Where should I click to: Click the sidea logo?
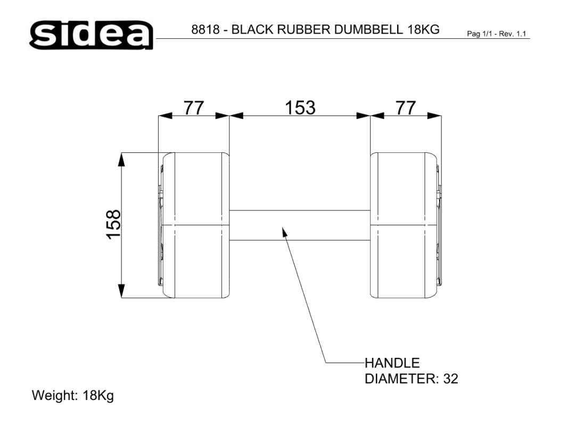click(x=91, y=35)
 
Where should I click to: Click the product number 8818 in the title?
click(x=205, y=29)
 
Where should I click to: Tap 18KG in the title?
click(x=423, y=29)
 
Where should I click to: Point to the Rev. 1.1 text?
click(x=512, y=34)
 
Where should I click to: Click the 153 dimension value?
click(x=300, y=108)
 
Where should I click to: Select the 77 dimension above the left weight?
click(x=194, y=108)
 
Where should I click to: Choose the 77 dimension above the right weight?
click(x=405, y=108)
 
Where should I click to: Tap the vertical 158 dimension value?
click(x=113, y=224)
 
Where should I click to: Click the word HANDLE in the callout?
click(x=392, y=363)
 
